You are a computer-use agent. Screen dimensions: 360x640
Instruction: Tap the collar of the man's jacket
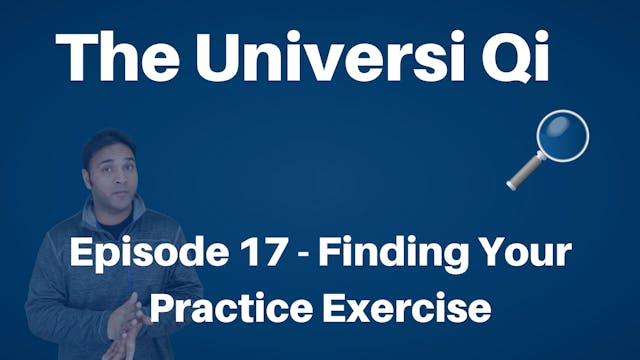click(x=95, y=222)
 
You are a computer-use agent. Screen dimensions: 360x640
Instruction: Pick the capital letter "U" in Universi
click(x=221, y=56)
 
